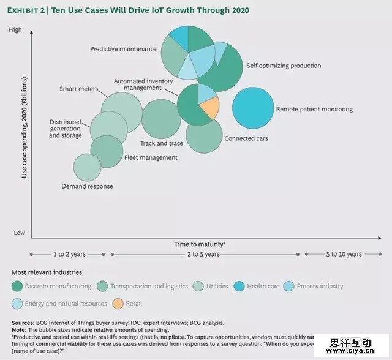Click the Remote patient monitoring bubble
click(x=253, y=108)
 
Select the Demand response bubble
click(x=87, y=167)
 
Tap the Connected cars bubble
click(x=204, y=135)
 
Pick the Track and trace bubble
click(x=160, y=119)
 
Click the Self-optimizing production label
click(x=284, y=66)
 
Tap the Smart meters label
click(x=79, y=89)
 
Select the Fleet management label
click(x=151, y=157)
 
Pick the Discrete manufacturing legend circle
click(x=18, y=286)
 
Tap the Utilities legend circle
click(x=199, y=286)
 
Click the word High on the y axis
click(x=15, y=30)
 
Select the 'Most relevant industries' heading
click(x=47, y=272)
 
